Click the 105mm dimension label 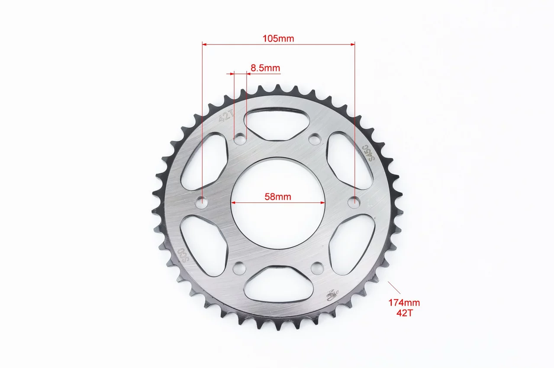point(278,38)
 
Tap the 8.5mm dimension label point(265,68)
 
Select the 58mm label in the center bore point(278,197)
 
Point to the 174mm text point(404,303)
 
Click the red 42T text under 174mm point(405,313)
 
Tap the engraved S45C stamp point(368,153)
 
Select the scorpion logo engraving point(333,295)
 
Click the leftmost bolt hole point(202,203)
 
